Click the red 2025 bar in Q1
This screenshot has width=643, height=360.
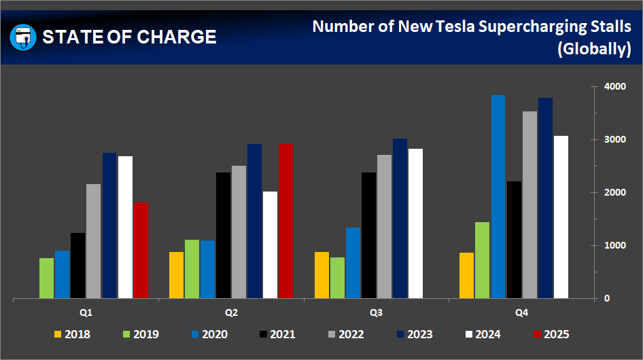tap(141, 250)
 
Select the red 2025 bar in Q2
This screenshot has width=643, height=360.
tap(285, 221)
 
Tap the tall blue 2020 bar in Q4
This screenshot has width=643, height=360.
tap(498, 196)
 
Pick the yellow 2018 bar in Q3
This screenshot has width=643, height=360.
tap(321, 275)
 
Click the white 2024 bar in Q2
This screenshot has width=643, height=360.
tap(270, 245)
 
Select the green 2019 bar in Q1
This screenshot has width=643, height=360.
tap(46, 278)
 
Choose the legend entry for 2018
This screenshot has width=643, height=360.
tap(71, 334)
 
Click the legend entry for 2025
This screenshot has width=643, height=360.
tap(550, 334)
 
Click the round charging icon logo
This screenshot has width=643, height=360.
tap(23, 37)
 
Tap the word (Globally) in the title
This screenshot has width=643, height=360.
tap(593, 50)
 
